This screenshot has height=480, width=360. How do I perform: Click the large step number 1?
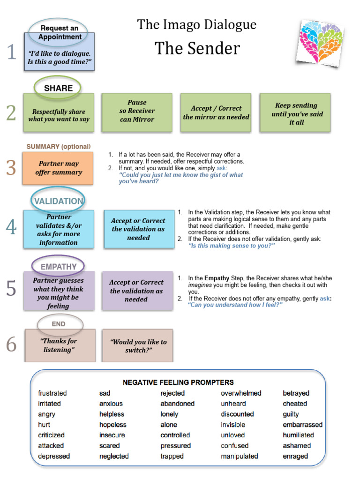pos(11,52)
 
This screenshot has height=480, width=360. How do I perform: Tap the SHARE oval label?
pos(58,88)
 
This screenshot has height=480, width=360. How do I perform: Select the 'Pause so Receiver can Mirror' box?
pos(137,111)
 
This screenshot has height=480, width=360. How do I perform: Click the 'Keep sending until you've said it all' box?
pos(295,113)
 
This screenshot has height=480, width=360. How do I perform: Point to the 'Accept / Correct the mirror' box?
pos(216,112)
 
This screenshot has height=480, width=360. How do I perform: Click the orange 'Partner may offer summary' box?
pos(59,168)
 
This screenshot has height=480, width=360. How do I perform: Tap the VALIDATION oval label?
pos(58,201)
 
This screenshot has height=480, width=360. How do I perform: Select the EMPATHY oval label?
pos(58,267)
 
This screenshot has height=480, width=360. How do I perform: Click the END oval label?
pos(59,324)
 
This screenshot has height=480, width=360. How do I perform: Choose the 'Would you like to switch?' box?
pos(138,346)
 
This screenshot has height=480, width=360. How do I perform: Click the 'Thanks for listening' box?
pos(59,345)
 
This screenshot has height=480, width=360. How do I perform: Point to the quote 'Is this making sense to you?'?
pos(231,245)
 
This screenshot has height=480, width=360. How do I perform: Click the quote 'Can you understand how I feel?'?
pos(235,305)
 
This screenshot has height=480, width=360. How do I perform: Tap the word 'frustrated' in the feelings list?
pos(52,393)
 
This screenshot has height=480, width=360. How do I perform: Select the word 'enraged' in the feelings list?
pos(295,456)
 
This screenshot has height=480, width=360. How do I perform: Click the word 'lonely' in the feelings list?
pos(169,414)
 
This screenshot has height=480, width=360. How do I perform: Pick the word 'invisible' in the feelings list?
pos(233,425)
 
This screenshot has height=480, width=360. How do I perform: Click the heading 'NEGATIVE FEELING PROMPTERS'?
pos(178,382)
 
